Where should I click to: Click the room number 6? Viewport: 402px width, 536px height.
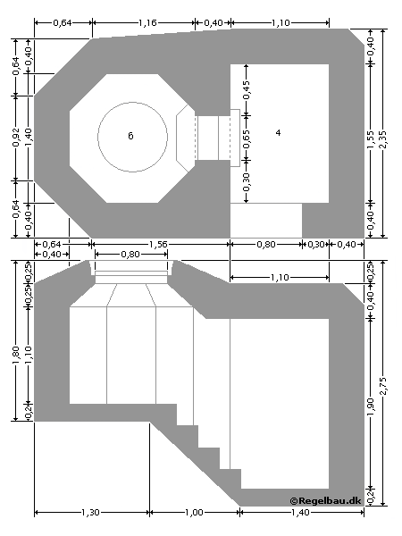(130, 135)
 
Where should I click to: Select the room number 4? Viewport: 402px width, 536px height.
(278, 132)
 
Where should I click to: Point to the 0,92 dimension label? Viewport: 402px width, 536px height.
(16, 137)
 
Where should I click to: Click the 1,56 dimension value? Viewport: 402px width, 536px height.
(161, 244)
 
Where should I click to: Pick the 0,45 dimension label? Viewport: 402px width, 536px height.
(247, 91)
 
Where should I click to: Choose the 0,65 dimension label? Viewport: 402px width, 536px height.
(247, 138)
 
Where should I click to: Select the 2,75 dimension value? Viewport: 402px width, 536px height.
(385, 383)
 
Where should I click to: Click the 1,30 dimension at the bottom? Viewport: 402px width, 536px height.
(91, 513)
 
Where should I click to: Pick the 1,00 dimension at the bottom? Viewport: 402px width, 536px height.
(194, 513)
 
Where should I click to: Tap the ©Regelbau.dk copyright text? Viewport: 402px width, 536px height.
(326, 502)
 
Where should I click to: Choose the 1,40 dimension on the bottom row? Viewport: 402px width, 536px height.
(301, 513)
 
